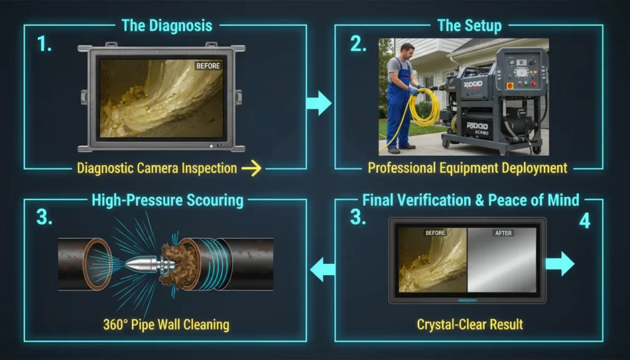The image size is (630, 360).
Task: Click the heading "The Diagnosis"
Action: pos(167,26)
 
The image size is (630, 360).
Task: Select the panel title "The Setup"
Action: pos(469,26)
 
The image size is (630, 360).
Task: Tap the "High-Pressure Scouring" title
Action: pos(167,200)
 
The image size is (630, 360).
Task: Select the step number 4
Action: pos(584,221)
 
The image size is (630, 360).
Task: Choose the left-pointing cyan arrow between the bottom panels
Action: pos(322,269)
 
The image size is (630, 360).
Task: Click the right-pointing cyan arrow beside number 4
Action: pos(559,263)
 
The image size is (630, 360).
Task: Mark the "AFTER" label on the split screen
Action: pos(504,233)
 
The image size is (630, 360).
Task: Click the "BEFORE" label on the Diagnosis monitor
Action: pos(207,65)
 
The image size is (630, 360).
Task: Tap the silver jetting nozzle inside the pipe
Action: pos(140,265)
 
